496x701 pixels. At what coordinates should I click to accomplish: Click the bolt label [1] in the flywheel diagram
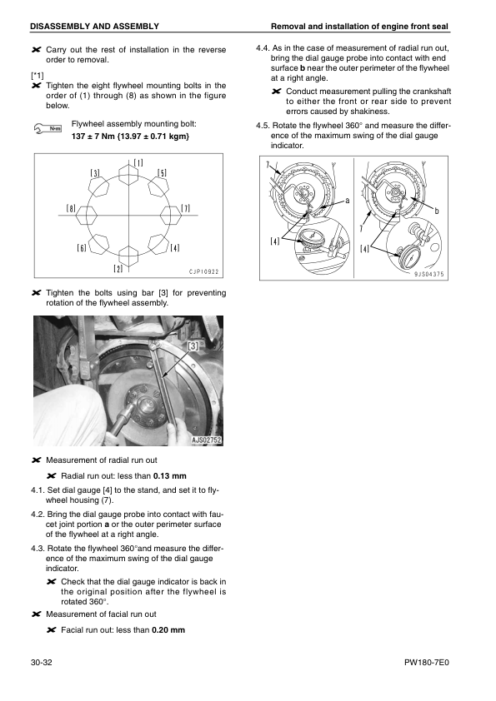[x=138, y=163]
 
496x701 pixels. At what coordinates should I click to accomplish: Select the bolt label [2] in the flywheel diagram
[x=119, y=268]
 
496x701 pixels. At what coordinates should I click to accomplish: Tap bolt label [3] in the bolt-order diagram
[x=96, y=173]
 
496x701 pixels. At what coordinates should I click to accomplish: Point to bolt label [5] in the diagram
[x=162, y=173]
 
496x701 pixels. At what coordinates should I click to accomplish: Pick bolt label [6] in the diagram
[x=82, y=248]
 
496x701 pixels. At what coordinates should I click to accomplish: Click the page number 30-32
[x=43, y=663]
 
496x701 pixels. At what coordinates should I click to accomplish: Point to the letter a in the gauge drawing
[x=347, y=201]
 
